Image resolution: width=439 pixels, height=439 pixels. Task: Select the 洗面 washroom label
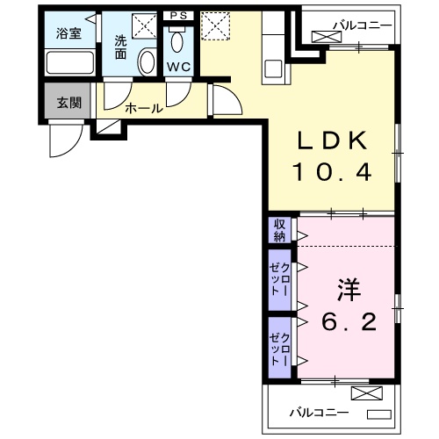pos(120,46)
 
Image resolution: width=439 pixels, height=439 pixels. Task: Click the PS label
pos(178,15)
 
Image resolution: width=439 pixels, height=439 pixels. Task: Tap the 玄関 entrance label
pos(69,102)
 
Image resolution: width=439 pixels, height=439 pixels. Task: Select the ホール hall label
pos(142,109)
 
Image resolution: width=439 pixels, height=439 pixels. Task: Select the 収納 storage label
pos(280,230)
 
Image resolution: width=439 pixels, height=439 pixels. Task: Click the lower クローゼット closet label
pos(280,344)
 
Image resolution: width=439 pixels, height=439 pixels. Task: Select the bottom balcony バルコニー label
pos(320,411)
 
